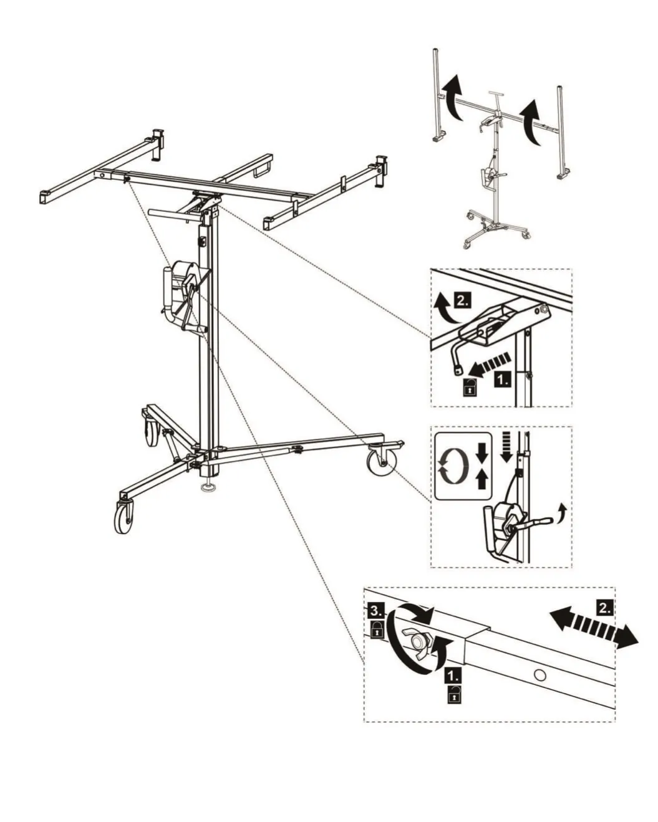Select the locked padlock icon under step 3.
(x=377, y=639)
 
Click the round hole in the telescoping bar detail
(x=540, y=675)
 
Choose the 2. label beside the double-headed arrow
(x=604, y=607)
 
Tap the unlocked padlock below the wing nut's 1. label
(x=454, y=694)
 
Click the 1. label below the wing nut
(x=453, y=675)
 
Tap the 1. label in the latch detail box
(x=503, y=380)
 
